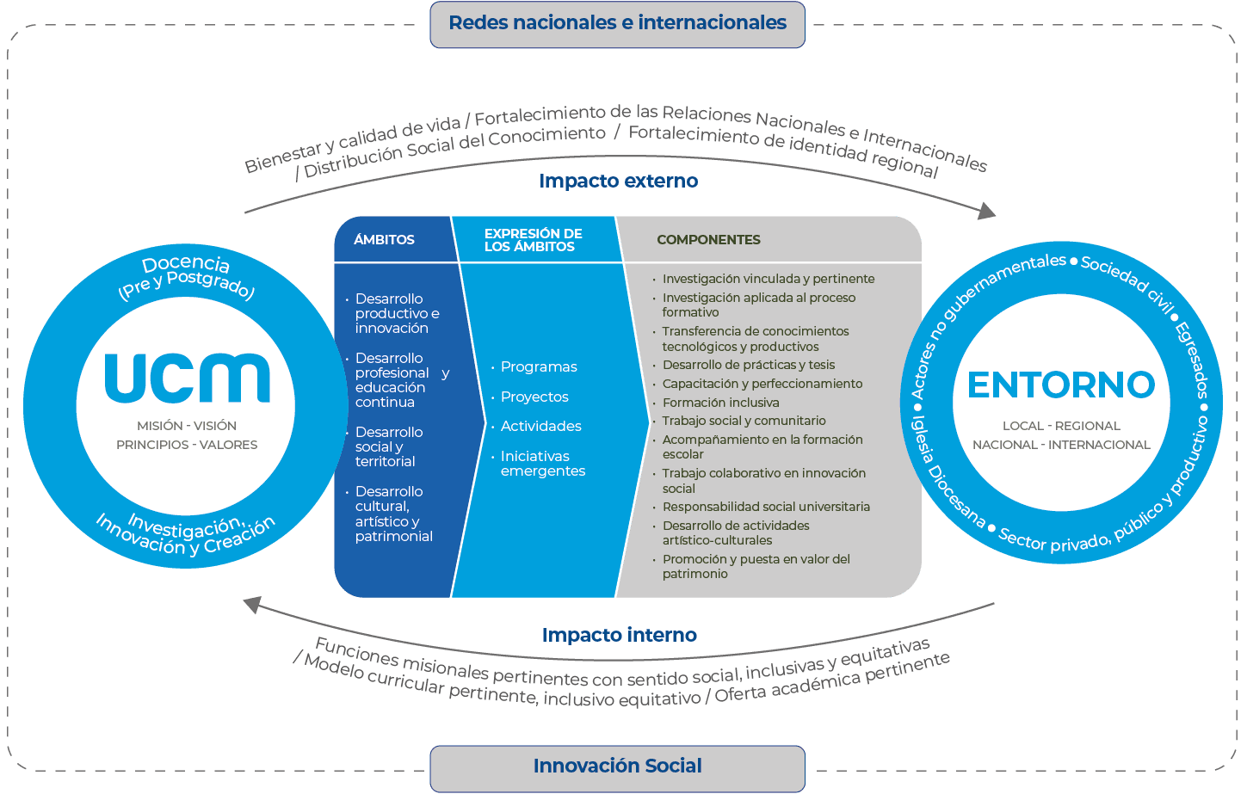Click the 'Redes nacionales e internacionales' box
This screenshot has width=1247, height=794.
click(617, 23)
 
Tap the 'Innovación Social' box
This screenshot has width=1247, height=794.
click(617, 766)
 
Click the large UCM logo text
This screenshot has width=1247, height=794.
click(187, 379)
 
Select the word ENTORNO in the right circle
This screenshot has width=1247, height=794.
click(1060, 385)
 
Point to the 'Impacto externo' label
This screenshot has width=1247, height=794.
click(618, 181)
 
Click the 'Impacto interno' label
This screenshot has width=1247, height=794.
click(619, 635)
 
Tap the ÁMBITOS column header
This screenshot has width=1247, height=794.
click(384, 240)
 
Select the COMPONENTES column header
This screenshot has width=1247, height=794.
click(708, 240)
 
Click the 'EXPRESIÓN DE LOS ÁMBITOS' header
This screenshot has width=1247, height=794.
click(533, 240)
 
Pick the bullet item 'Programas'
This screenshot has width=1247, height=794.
click(539, 366)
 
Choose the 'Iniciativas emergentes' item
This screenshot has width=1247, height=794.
click(542, 464)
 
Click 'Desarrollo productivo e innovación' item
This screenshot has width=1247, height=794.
click(397, 313)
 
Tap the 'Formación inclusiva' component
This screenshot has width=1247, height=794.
click(720, 403)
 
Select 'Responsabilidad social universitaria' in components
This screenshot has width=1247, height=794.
click(766, 507)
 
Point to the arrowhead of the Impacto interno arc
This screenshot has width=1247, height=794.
click(251, 604)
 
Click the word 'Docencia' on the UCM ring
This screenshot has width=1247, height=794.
click(186, 263)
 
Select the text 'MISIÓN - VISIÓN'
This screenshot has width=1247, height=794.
click(187, 426)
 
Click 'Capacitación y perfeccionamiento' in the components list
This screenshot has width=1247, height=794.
click(762, 384)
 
